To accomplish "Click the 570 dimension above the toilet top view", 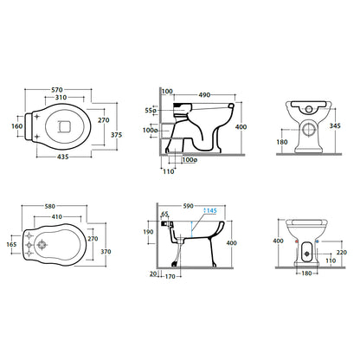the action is click(57, 90).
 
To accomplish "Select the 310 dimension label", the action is click(61, 98).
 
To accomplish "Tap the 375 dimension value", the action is click(117, 135).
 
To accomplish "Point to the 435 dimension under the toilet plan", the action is click(63, 157).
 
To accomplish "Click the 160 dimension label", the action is click(17, 126).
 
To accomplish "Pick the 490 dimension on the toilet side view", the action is click(204, 95).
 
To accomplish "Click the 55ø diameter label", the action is click(151, 110).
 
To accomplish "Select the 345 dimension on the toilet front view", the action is click(335, 125).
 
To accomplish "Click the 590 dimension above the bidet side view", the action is click(189, 206).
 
